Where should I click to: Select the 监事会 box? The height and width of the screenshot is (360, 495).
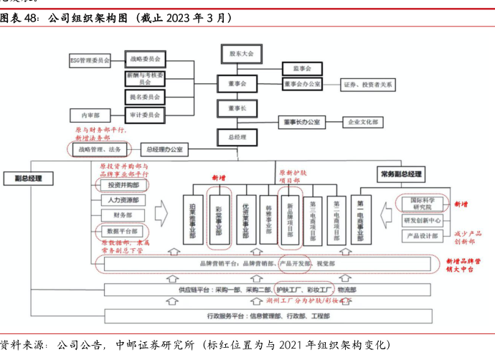301,68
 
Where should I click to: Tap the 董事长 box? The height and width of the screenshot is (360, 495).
237,108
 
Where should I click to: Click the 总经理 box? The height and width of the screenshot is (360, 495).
237,137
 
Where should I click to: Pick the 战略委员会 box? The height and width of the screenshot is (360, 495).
145,59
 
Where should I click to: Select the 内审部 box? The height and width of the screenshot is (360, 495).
90,115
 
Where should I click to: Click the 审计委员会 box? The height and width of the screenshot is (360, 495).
145,114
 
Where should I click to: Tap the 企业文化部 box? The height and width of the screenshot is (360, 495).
364,123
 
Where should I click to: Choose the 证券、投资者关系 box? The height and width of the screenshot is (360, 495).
367,84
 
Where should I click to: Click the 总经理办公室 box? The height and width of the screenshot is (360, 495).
164,150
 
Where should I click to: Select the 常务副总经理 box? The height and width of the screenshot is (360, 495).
400,174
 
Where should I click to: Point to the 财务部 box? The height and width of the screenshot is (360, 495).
118,215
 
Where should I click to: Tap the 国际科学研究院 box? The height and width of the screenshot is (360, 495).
422,203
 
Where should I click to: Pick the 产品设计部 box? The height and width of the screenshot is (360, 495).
422,235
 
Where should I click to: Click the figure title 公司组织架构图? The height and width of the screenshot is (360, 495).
93,16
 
